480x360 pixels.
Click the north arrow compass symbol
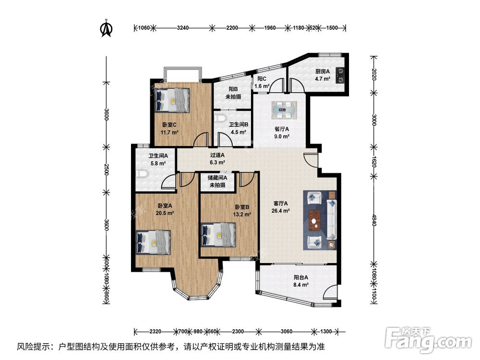pyautogui.click(x=107, y=28)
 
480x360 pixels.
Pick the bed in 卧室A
pyautogui.click(x=153, y=242)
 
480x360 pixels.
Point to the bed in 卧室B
pyautogui.click(x=218, y=235)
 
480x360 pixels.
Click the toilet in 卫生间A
pyautogui.click(x=143, y=174)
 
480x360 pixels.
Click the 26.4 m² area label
pyautogui.click(x=280, y=211)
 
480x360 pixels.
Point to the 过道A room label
pyautogui.click(x=217, y=155)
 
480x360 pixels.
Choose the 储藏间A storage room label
pyautogui.click(x=217, y=178)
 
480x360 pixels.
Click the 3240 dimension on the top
pyautogui.click(x=183, y=28)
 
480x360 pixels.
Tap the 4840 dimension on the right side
pyautogui.click(x=374, y=220)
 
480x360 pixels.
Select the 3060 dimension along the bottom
pyautogui.click(x=286, y=331)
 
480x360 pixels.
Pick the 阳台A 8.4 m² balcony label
pyautogui.click(x=300, y=281)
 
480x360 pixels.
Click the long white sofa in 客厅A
pyautogui.click(x=332, y=219)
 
